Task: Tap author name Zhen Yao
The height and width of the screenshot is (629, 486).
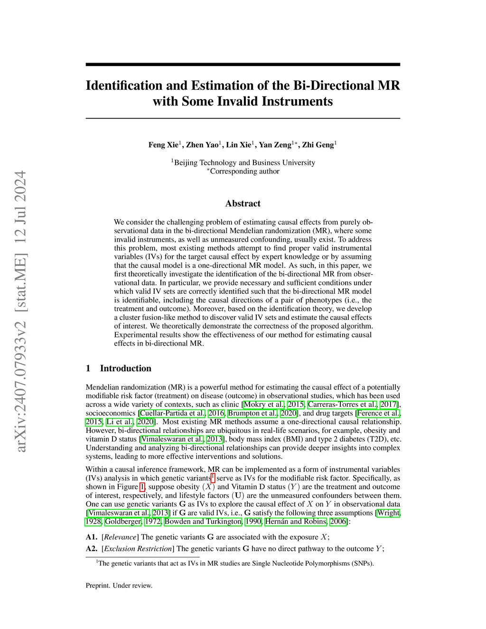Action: [x=203, y=145]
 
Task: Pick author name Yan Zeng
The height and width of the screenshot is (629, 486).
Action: [x=275, y=145]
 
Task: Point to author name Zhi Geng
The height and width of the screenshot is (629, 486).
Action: [x=318, y=145]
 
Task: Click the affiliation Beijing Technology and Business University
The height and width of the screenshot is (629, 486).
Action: [x=244, y=162]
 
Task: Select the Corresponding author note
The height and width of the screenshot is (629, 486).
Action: [x=244, y=171]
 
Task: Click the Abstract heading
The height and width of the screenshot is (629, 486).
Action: [x=243, y=203]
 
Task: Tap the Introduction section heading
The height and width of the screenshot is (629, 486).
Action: [x=125, y=368]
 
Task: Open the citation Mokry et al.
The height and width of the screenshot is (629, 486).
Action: [x=264, y=404]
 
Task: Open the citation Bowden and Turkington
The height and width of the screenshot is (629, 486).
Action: [x=203, y=521]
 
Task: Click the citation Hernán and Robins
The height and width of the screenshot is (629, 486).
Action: [x=296, y=521]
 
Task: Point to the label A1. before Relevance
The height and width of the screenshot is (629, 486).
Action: [x=92, y=537]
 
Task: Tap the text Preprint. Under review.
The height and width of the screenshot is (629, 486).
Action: [x=119, y=585]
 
